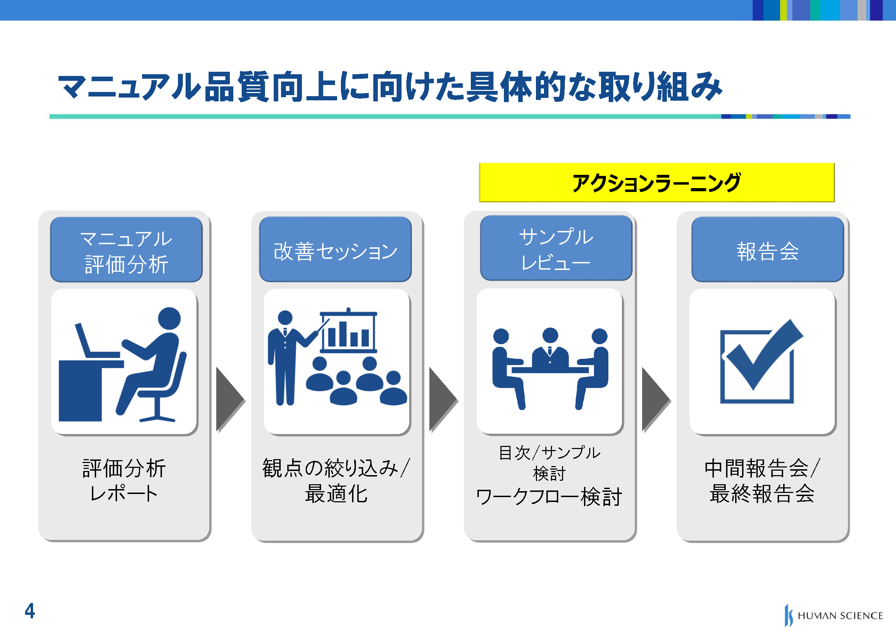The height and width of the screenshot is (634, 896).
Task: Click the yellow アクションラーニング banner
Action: pos(657,182)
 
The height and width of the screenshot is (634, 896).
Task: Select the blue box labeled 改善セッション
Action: pos(335,249)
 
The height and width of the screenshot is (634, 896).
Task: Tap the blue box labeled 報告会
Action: pos(768,249)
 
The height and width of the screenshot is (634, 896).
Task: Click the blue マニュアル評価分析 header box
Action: pos(126,249)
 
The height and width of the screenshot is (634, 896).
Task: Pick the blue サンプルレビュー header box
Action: pos(556,248)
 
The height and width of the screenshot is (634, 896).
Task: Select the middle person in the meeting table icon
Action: pos(550,347)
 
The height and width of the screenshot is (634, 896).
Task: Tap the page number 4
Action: pos(30,611)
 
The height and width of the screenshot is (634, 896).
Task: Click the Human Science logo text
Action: pos(840,616)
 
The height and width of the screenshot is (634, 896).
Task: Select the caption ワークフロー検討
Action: pos(549,497)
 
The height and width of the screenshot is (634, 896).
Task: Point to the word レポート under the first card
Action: pos(124,493)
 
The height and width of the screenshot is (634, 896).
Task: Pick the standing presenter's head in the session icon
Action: pos(285,317)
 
